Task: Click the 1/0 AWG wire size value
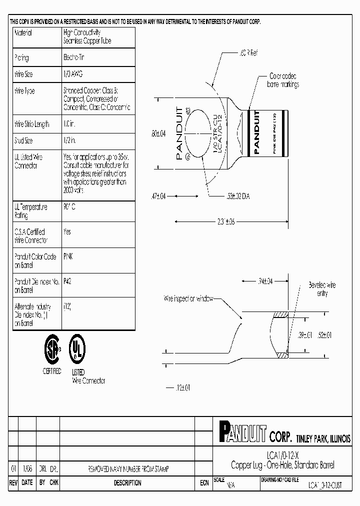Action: click(x=73, y=74)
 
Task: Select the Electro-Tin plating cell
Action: click(x=74, y=57)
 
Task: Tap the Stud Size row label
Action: click(x=23, y=141)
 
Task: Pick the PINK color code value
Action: click(x=68, y=256)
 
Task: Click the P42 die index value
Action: click(x=67, y=281)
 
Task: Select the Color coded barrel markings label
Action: click(x=283, y=80)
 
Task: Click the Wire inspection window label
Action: click(x=188, y=298)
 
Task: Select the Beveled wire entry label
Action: click(x=322, y=289)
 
